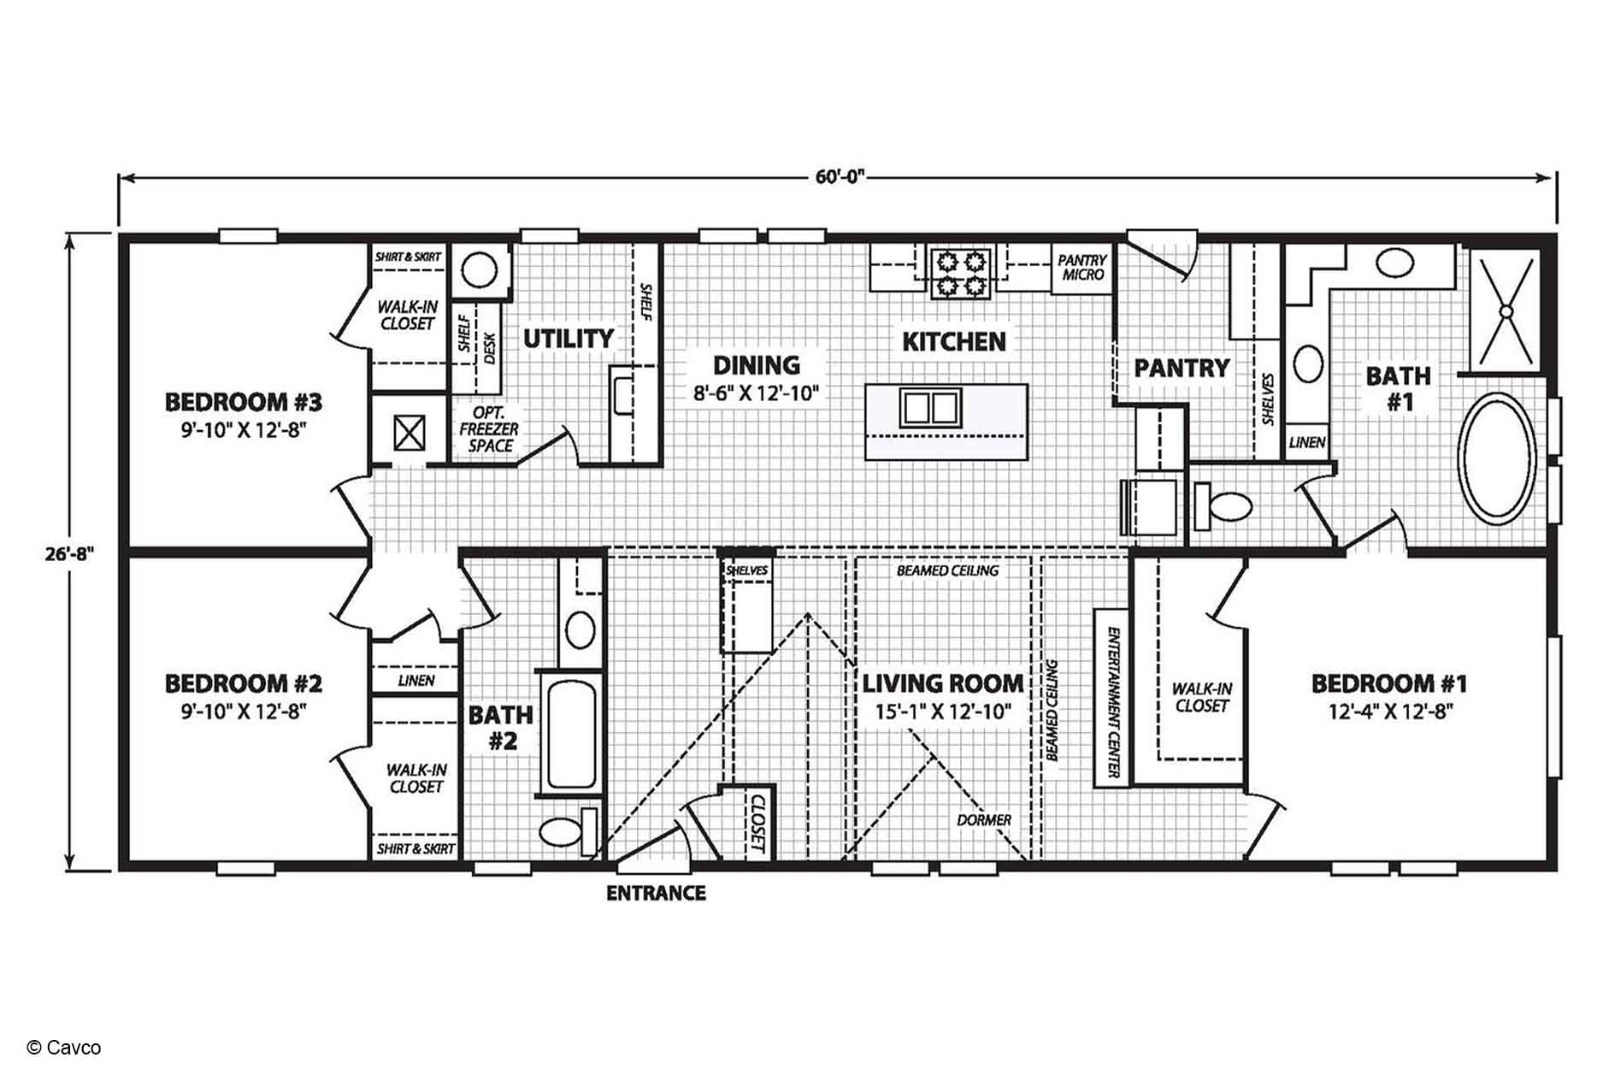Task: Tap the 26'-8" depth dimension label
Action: pos(69,552)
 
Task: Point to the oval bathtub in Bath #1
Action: pos(1496,458)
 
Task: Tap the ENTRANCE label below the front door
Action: pos(656,894)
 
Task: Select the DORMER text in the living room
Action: pos(984,820)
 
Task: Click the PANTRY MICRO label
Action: pos(1082,267)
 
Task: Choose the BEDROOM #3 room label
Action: pos(243,401)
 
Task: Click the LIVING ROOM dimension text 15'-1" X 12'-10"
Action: pos(943,711)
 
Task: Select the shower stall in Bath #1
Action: pos(1506,311)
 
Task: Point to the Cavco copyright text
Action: pos(64,1048)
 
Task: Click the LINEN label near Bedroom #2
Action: pos(416,681)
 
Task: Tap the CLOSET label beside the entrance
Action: pos(757,823)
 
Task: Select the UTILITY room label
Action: pos(569,339)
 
